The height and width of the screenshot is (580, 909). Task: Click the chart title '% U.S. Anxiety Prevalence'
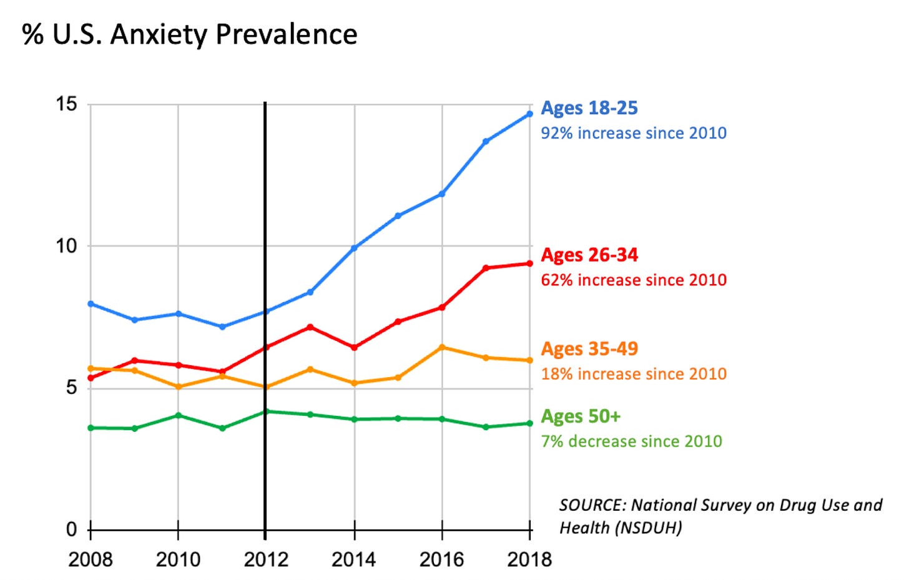pos(190,34)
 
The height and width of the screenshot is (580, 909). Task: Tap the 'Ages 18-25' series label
pos(589,108)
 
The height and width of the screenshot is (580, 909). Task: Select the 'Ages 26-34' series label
pos(589,255)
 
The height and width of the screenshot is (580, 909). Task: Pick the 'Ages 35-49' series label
pos(589,348)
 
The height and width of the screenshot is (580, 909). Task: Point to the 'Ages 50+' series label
pos(580,416)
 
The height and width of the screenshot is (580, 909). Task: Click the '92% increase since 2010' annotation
pos(633,133)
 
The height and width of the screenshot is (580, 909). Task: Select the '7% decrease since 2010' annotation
pos(631,441)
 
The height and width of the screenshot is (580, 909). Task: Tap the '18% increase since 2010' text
pos(633,374)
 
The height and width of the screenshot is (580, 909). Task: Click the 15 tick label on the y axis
pos(66,104)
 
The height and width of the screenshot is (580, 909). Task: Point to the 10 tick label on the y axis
pos(66,246)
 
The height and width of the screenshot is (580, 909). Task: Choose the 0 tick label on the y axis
pos(72,530)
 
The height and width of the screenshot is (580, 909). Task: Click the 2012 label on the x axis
pos(266,559)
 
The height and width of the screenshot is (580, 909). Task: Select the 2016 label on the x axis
pos(441,559)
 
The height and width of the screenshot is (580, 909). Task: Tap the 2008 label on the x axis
pos(91,559)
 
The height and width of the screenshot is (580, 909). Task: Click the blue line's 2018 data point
pos(529,114)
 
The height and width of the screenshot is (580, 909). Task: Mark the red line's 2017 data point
pos(486,268)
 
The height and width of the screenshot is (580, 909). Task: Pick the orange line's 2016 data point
pos(442,347)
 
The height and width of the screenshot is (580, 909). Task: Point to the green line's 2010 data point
pos(179,415)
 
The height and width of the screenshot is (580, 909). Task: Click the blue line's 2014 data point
pos(354,248)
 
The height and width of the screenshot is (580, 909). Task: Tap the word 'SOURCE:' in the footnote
pos(592,505)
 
